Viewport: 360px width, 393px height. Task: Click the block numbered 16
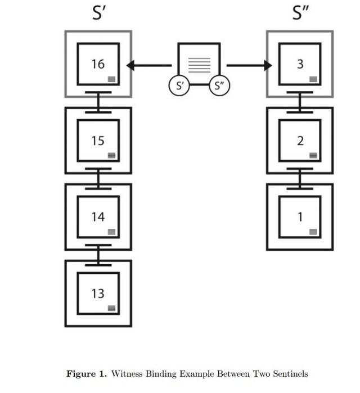click(x=98, y=64)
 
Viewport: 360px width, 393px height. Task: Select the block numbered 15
click(x=98, y=140)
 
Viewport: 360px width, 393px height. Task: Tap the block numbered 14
click(x=98, y=216)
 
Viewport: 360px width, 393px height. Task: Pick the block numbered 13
click(x=98, y=293)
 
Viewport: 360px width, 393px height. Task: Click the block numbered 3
click(x=300, y=64)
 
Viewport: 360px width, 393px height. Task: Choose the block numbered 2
click(x=300, y=140)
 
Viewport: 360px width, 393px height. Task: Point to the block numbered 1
click(x=300, y=216)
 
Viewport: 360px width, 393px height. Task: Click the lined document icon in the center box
click(x=199, y=64)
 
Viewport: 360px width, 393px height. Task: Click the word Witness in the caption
click(x=128, y=373)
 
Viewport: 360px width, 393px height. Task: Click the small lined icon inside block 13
click(x=112, y=308)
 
